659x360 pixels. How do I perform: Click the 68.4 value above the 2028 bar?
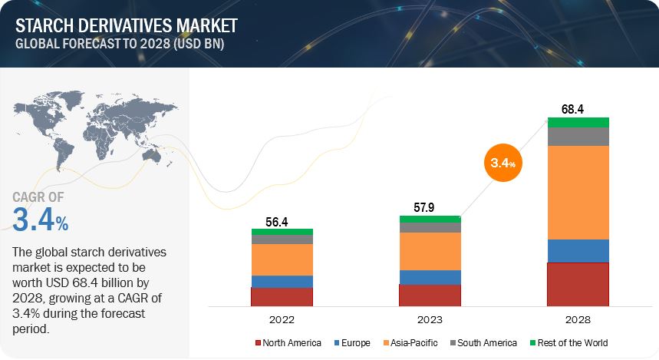[572, 110]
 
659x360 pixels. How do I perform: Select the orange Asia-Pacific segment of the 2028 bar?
[578, 192]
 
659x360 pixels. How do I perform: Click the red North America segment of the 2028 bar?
[578, 284]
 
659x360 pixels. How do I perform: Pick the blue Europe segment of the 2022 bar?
[282, 281]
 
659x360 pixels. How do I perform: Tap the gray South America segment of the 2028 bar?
[578, 136]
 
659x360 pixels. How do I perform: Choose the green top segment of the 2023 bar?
[430, 219]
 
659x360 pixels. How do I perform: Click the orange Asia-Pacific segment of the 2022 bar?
[282, 259]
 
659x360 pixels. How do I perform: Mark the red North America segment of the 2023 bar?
[430, 296]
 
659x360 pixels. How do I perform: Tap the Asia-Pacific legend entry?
[416, 342]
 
